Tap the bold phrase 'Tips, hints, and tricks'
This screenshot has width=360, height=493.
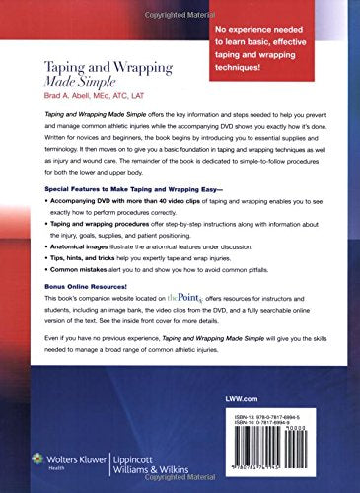[x=80, y=294]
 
